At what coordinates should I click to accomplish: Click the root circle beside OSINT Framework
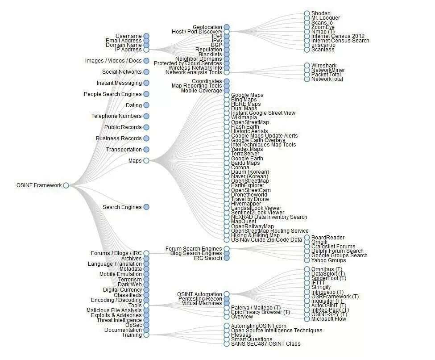(66, 185)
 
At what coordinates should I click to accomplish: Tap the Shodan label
(321, 13)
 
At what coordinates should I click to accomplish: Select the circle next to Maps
(146, 160)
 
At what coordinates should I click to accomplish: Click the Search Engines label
(122, 207)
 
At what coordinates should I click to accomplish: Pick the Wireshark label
(324, 66)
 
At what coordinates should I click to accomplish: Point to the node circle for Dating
(146, 105)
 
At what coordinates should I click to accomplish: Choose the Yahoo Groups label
(328, 260)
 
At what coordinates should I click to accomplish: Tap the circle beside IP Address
(146, 50)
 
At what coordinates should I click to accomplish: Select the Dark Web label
(129, 285)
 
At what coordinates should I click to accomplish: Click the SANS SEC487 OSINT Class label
(265, 344)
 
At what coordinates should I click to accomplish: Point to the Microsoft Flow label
(328, 319)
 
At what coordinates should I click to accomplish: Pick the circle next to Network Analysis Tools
(227, 72)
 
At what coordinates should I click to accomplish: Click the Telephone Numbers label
(116, 116)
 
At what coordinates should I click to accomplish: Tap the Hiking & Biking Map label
(255, 235)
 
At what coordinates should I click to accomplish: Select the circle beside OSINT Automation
(227, 294)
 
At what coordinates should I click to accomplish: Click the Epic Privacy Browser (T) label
(260, 312)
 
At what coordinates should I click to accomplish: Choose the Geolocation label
(207, 27)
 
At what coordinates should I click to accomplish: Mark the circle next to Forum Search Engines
(227, 249)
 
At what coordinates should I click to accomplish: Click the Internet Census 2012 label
(338, 36)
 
